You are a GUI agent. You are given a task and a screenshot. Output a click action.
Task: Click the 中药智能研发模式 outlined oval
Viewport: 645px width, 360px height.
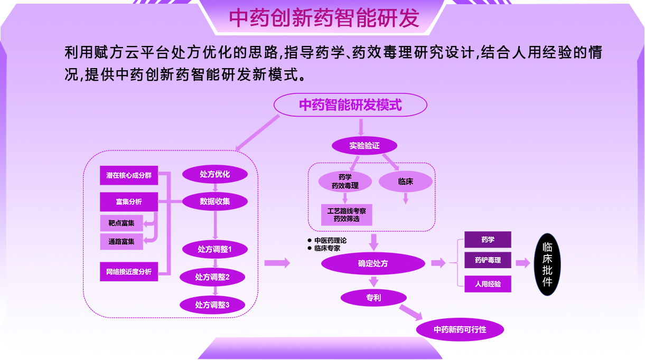point(350,105)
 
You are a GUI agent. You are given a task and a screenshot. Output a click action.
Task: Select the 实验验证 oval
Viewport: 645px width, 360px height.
point(364,146)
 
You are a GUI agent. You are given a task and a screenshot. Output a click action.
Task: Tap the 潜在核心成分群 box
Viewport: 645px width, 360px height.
point(129,175)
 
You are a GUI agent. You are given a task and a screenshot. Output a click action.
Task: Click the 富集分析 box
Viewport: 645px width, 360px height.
point(129,202)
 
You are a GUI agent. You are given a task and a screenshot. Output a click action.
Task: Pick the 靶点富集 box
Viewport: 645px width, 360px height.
point(121,223)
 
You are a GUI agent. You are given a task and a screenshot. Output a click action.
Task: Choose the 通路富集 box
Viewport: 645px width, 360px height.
point(121,241)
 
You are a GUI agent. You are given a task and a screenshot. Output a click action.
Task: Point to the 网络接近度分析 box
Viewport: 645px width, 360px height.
point(129,272)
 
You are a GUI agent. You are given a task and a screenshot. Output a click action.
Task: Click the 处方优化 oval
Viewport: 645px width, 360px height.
point(215,174)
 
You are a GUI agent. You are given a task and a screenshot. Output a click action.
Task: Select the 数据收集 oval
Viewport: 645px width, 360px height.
point(215,202)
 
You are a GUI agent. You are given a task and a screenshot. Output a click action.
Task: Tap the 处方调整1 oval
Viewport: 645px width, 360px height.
point(215,249)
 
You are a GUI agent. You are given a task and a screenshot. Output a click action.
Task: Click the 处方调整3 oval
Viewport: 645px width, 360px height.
point(212,305)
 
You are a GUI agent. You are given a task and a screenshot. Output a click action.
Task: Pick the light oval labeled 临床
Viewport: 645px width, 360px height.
point(405,182)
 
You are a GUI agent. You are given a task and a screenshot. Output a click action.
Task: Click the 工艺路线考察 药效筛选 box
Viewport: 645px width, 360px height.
point(347,215)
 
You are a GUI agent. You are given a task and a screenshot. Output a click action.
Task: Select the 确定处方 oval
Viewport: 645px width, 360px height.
point(373,263)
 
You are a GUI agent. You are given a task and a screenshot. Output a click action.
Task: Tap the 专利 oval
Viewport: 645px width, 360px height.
point(373,298)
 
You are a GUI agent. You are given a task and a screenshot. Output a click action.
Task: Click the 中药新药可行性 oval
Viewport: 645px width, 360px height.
point(460,329)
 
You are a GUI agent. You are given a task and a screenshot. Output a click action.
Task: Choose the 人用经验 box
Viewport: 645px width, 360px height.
point(488,284)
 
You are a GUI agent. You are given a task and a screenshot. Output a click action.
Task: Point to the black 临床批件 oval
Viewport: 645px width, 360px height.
point(547,264)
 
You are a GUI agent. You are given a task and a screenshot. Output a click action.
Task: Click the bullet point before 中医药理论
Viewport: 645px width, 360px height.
point(310,240)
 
